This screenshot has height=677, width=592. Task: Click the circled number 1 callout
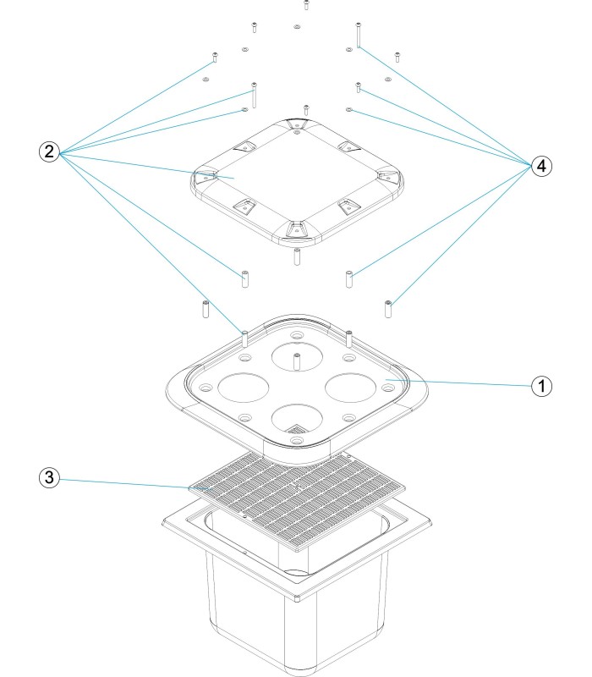pos(542,386)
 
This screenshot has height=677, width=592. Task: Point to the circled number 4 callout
pos(542,166)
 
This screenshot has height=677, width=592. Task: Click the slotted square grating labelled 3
pos(296,491)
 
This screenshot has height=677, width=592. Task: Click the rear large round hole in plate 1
pos(296,355)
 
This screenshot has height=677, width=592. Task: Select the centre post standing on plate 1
pos(296,361)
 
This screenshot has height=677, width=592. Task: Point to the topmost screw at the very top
pos(306,4)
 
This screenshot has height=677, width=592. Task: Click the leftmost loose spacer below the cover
pos(205,308)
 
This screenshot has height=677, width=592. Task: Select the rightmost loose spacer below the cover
pos(388,308)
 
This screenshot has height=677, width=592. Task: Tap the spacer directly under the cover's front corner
pos(297,257)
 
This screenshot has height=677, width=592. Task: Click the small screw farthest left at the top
pos(215,57)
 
